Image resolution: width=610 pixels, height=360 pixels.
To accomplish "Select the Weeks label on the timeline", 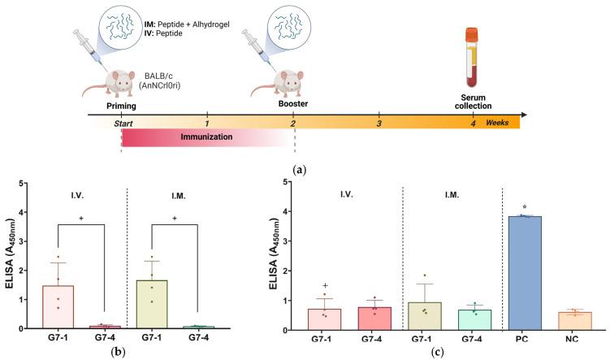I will click(x=499, y=123).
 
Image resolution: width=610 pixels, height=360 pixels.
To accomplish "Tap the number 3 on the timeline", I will click(x=379, y=123).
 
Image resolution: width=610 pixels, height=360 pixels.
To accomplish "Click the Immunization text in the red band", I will click(x=209, y=137).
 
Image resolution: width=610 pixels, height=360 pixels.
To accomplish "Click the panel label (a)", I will click(x=302, y=170).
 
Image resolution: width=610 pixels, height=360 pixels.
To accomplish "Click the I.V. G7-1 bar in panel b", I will click(x=58, y=307).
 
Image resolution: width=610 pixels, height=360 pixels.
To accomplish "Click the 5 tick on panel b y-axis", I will click(x=26, y=181).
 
